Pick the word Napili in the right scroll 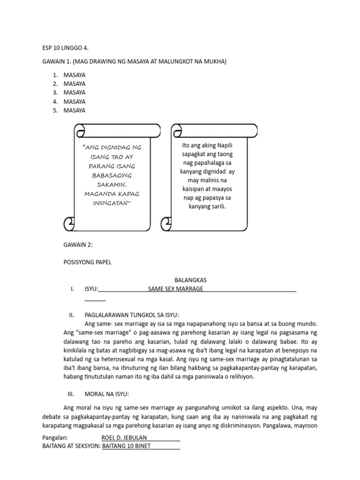coord(223,146)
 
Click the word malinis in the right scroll coord(206,180)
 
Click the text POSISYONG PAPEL coord(87,262)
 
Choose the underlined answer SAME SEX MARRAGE coord(175,289)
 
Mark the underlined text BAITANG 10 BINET coord(126,446)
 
